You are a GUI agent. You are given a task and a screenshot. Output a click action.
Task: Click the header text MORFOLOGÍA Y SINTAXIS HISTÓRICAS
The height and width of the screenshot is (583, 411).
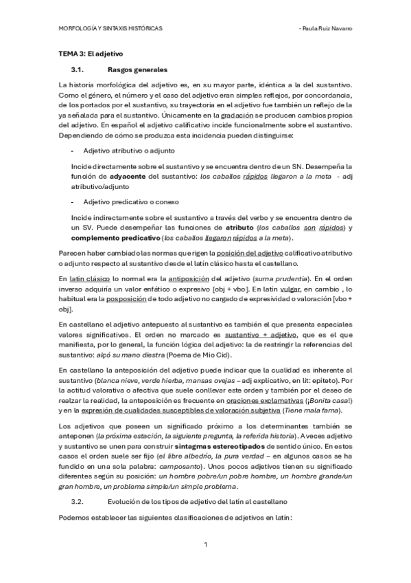click(x=110, y=29)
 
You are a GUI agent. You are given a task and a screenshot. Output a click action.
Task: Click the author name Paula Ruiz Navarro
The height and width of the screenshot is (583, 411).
click(x=325, y=29)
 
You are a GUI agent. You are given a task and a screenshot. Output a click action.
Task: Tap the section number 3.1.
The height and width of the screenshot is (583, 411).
click(x=77, y=69)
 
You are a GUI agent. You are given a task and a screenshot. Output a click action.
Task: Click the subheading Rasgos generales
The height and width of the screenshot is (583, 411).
click(x=138, y=69)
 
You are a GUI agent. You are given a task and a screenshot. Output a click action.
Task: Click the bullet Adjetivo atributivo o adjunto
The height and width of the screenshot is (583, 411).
click(x=129, y=150)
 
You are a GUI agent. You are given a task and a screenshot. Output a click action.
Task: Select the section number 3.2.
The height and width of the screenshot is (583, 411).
click(x=77, y=504)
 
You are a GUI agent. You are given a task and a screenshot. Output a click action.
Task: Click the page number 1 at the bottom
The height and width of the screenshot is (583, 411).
click(x=205, y=545)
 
